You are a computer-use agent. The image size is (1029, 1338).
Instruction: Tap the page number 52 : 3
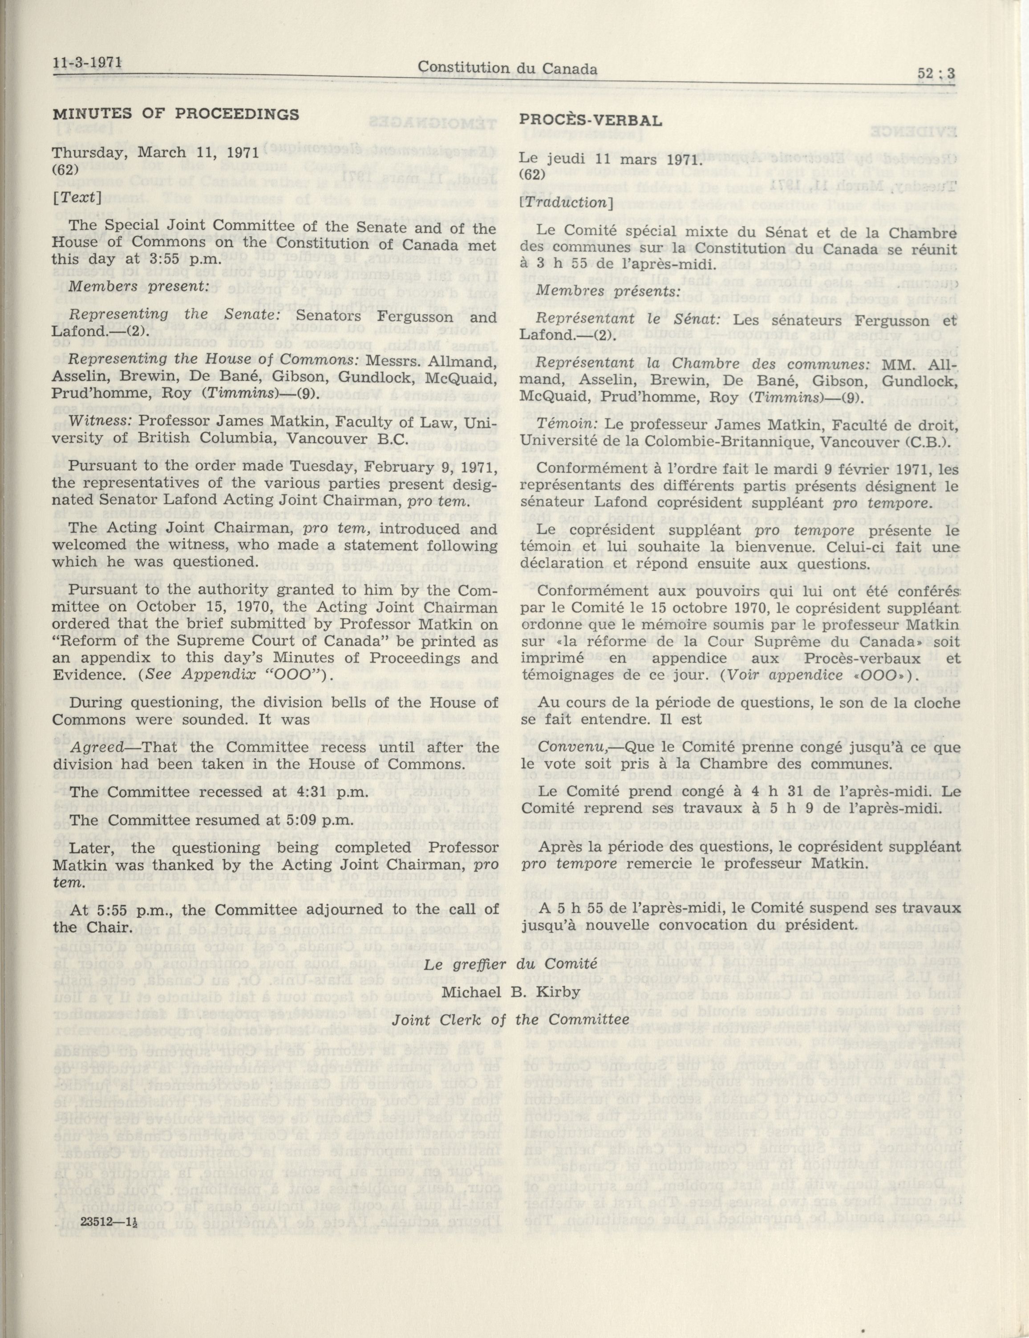[x=936, y=73]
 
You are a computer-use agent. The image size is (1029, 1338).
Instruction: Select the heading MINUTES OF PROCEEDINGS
[x=176, y=114]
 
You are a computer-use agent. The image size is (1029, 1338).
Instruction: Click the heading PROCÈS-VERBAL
[x=591, y=120]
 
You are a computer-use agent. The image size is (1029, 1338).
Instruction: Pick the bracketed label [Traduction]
[x=563, y=202]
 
